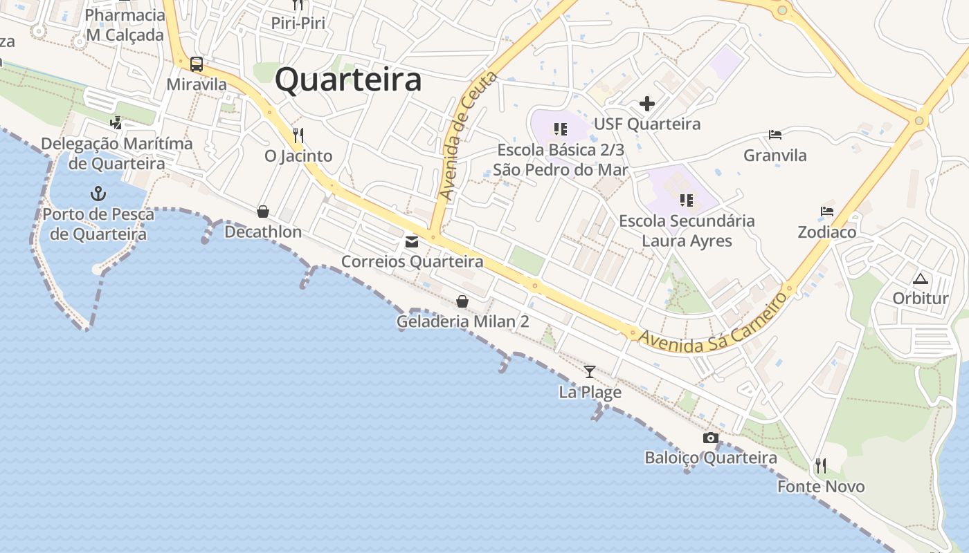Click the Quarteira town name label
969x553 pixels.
(x=348, y=79)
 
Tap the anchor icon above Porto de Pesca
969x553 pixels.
(x=98, y=194)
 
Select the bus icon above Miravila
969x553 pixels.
(x=197, y=64)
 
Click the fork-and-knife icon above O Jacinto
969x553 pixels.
(x=298, y=135)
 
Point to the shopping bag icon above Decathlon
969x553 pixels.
(x=263, y=212)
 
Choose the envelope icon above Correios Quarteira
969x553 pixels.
(x=412, y=242)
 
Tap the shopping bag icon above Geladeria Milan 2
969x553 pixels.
(x=462, y=301)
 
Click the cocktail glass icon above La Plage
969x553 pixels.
(x=590, y=372)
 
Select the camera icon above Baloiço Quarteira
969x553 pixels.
(x=710, y=438)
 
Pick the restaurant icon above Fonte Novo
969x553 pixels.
(x=821, y=466)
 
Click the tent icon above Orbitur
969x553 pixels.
(x=920, y=279)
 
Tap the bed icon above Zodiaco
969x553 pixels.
(x=827, y=212)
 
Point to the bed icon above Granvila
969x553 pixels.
(x=775, y=135)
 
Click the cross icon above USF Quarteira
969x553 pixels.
(x=647, y=104)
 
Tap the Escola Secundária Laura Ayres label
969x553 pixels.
(x=687, y=231)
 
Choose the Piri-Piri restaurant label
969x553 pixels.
(x=298, y=23)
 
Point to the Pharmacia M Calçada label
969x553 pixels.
(x=125, y=25)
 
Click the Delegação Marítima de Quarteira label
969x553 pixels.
(x=116, y=153)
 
